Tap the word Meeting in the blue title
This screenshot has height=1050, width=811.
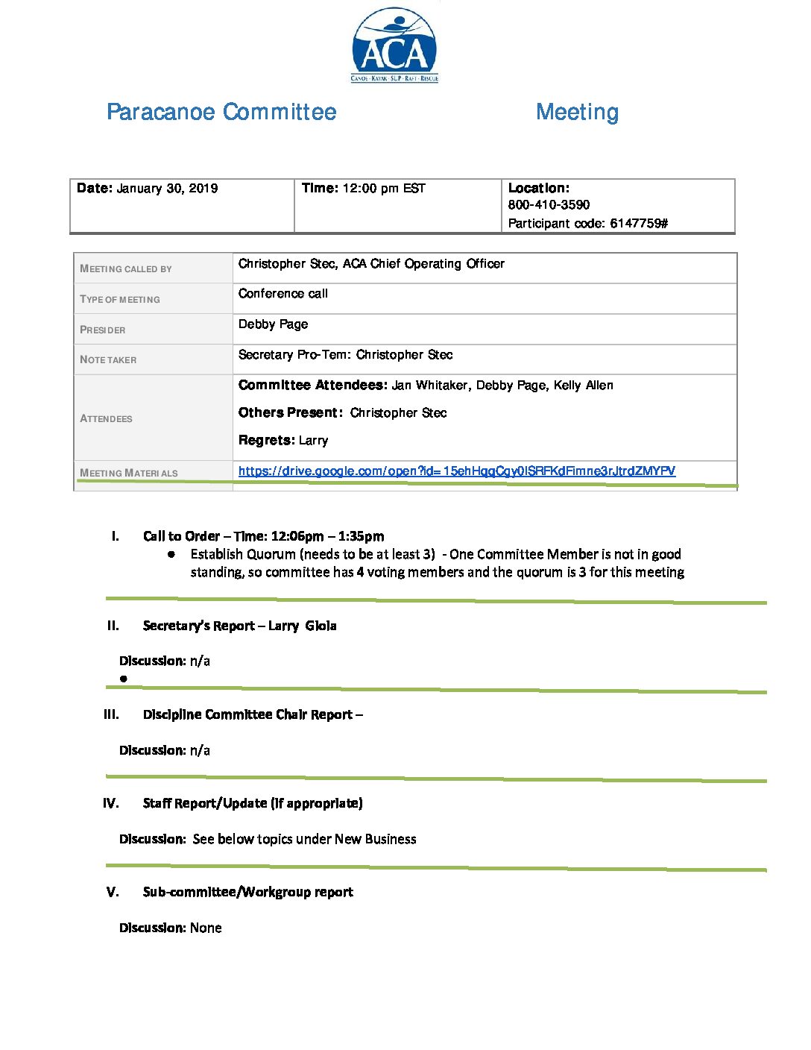pyautogui.click(x=577, y=112)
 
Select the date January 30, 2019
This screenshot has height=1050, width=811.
pyautogui.click(x=167, y=189)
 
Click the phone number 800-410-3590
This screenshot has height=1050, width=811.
pyautogui.click(x=549, y=205)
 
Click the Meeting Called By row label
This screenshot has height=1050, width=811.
pyautogui.click(x=126, y=269)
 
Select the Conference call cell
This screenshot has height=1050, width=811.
pyautogui.click(x=283, y=294)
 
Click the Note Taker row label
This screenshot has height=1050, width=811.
pyautogui.click(x=108, y=360)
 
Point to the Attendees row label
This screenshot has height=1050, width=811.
pyautogui.click(x=106, y=419)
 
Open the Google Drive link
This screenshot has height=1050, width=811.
pyautogui.click(x=456, y=471)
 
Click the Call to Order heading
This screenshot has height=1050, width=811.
pyautogui.click(x=181, y=536)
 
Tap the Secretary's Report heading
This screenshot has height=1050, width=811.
pyautogui.click(x=198, y=626)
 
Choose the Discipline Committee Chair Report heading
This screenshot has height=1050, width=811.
pyautogui.click(x=247, y=714)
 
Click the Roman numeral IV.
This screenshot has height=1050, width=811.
pyautogui.click(x=111, y=803)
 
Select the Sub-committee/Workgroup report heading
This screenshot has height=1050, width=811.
pyautogui.click(x=247, y=892)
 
